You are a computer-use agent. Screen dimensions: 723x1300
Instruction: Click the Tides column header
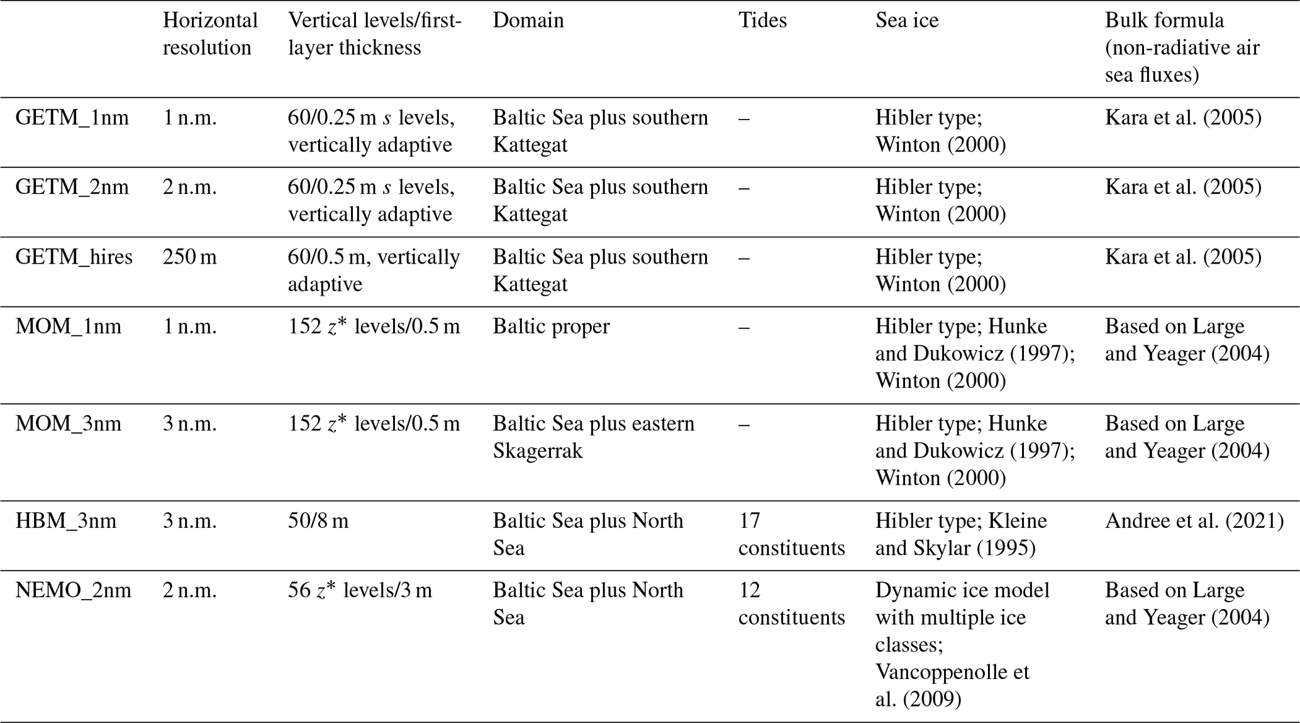(762, 21)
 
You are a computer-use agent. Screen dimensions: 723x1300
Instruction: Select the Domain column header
(528, 21)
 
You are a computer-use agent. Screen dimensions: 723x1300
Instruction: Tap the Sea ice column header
(906, 21)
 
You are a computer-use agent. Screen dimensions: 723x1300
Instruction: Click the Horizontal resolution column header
(210, 34)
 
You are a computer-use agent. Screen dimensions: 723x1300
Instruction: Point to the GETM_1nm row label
(72, 118)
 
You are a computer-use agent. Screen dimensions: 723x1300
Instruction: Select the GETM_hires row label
(74, 257)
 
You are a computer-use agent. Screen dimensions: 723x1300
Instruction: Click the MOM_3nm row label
(68, 423)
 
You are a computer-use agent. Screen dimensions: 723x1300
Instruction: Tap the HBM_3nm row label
(66, 521)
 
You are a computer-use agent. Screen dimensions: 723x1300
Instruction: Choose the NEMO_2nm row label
(73, 590)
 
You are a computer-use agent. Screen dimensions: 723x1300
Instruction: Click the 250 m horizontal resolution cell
(189, 257)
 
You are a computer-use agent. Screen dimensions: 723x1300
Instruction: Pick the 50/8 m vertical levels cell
(318, 521)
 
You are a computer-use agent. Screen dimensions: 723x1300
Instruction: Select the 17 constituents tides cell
(791, 534)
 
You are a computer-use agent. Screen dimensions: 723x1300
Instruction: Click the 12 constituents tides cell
(791, 603)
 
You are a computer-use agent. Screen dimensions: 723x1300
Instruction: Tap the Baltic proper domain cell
(551, 327)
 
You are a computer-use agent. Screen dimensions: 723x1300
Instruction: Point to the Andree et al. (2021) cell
(1194, 521)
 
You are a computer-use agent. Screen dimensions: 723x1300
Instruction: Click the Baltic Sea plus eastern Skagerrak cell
(593, 437)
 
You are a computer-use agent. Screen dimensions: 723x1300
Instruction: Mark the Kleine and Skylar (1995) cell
(960, 534)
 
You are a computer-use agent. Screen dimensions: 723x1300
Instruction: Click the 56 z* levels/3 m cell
(360, 590)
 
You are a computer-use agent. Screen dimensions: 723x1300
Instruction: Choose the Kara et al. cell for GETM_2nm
(1182, 187)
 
